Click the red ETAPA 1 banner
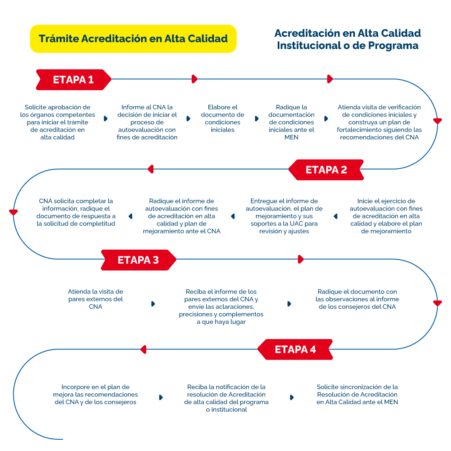click(73, 80)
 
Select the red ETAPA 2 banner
click(326, 170)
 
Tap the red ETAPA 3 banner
click(138, 260)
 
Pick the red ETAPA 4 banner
click(295, 350)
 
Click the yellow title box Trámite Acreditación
click(133, 39)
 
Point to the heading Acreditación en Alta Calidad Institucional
click(347, 39)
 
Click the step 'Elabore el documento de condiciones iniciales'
click(223, 119)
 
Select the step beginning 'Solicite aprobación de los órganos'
click(58, 122)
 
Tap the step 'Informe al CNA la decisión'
click(147, 122)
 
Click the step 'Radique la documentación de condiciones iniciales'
click(291, 122)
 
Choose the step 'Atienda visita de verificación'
click(379, 122)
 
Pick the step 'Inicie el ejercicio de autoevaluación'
click(386, 216)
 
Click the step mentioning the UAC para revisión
click(284, 216)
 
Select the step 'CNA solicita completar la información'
click(76, 213)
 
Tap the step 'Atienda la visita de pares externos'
click(96, 299)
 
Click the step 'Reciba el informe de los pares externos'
click(221, 307)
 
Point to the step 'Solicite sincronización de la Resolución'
click(357, 395)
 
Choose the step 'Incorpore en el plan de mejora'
click(96, 395)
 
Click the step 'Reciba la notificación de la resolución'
click(226, 398)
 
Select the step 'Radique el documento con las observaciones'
click(357, 299)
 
